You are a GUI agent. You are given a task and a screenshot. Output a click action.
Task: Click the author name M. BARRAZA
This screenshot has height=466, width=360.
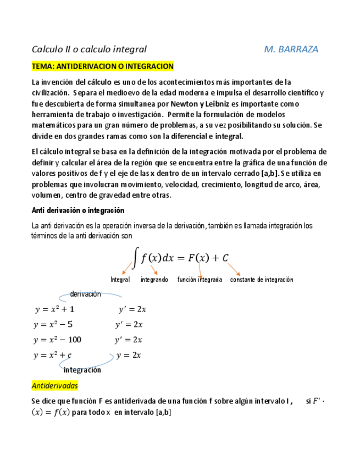[291, 49]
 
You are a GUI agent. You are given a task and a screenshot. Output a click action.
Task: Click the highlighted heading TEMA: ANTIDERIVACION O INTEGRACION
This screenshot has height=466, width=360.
[103, 66]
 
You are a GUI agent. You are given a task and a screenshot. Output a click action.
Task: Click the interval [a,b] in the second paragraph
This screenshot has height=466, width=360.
[270, 173]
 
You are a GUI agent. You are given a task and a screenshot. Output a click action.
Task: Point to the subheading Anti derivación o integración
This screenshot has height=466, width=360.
[78, 210]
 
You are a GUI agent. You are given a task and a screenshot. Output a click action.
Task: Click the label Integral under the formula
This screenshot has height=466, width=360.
[120, 279]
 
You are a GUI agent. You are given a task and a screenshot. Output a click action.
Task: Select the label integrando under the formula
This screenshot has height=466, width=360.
[154, 279]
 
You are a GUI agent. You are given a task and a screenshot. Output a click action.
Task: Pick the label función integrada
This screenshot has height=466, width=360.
[200, 279]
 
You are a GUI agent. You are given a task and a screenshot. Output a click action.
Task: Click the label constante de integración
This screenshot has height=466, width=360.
[261, 279]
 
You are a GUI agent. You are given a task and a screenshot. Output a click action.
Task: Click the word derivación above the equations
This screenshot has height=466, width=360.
[85, 294]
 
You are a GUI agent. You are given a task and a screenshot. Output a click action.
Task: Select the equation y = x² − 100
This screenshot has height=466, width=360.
[57, 340]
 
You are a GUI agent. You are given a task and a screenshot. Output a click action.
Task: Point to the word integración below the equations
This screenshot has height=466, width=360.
[82, 370]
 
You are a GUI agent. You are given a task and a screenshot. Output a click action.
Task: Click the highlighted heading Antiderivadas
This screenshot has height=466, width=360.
[55, 386]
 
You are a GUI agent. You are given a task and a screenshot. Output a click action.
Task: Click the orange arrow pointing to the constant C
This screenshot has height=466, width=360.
[235, 269]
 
